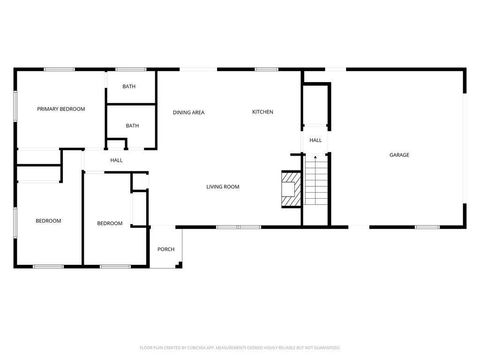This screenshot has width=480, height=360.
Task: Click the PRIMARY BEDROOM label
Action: tap(60, 108)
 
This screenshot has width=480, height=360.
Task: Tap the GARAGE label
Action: tap(399, 155)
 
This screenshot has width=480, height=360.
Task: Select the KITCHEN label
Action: tap(262, 112)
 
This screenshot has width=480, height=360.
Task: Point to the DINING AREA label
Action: tap(188, 112)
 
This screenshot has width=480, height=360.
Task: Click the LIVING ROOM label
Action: tap(222, 187)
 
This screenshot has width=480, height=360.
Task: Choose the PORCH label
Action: tap(166, 249)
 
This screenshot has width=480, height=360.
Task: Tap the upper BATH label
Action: tap(130, 87)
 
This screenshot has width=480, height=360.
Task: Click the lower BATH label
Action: tap(132, 126)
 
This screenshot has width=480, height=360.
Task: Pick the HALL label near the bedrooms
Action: tap(116, 161)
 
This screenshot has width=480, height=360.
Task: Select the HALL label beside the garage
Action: tap(315, 140)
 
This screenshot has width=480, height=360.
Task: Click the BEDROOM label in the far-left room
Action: tap(48, 220)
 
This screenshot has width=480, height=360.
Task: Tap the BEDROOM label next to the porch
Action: tap(109, 223)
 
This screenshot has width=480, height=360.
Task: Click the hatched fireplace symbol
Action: tap(289, 189)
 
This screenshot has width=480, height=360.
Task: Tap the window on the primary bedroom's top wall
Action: tap(59, 69)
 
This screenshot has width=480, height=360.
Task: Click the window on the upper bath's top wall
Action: tap(130, 69)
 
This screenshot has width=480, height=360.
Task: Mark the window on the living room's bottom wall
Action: tap(231, 227)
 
